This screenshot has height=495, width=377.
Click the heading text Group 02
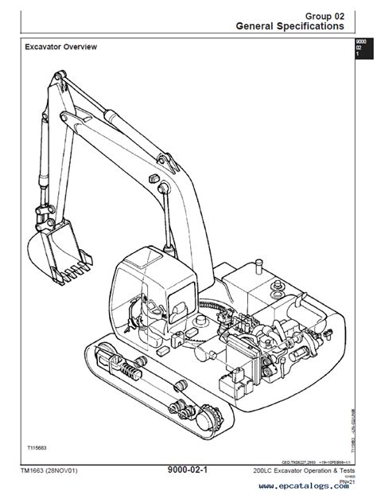click(325, 14)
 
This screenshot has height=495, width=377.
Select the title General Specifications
click(290, 26)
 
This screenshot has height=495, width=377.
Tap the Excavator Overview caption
click(60, 47)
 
